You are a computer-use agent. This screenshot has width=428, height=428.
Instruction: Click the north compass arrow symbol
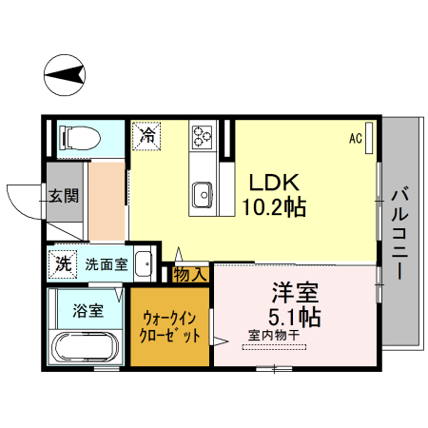pos(65,74)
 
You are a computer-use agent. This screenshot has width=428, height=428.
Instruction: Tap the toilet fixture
pos(79,139)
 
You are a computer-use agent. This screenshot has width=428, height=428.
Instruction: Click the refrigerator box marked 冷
pos(146,135)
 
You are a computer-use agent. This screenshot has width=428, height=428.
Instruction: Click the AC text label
pos(356,139)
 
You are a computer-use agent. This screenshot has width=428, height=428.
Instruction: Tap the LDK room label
pos(275,183)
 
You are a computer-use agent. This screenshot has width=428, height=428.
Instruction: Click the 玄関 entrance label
pos(65,197)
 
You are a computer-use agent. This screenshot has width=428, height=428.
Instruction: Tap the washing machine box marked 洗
pos(63,263)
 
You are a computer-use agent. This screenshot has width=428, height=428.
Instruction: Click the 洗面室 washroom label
pos(106,264)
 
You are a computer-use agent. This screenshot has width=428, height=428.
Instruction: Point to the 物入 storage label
pos(190,274)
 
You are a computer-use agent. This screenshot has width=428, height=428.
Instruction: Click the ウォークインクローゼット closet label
pos(171,327)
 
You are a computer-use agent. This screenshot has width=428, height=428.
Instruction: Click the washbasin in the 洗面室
pos(143,263)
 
